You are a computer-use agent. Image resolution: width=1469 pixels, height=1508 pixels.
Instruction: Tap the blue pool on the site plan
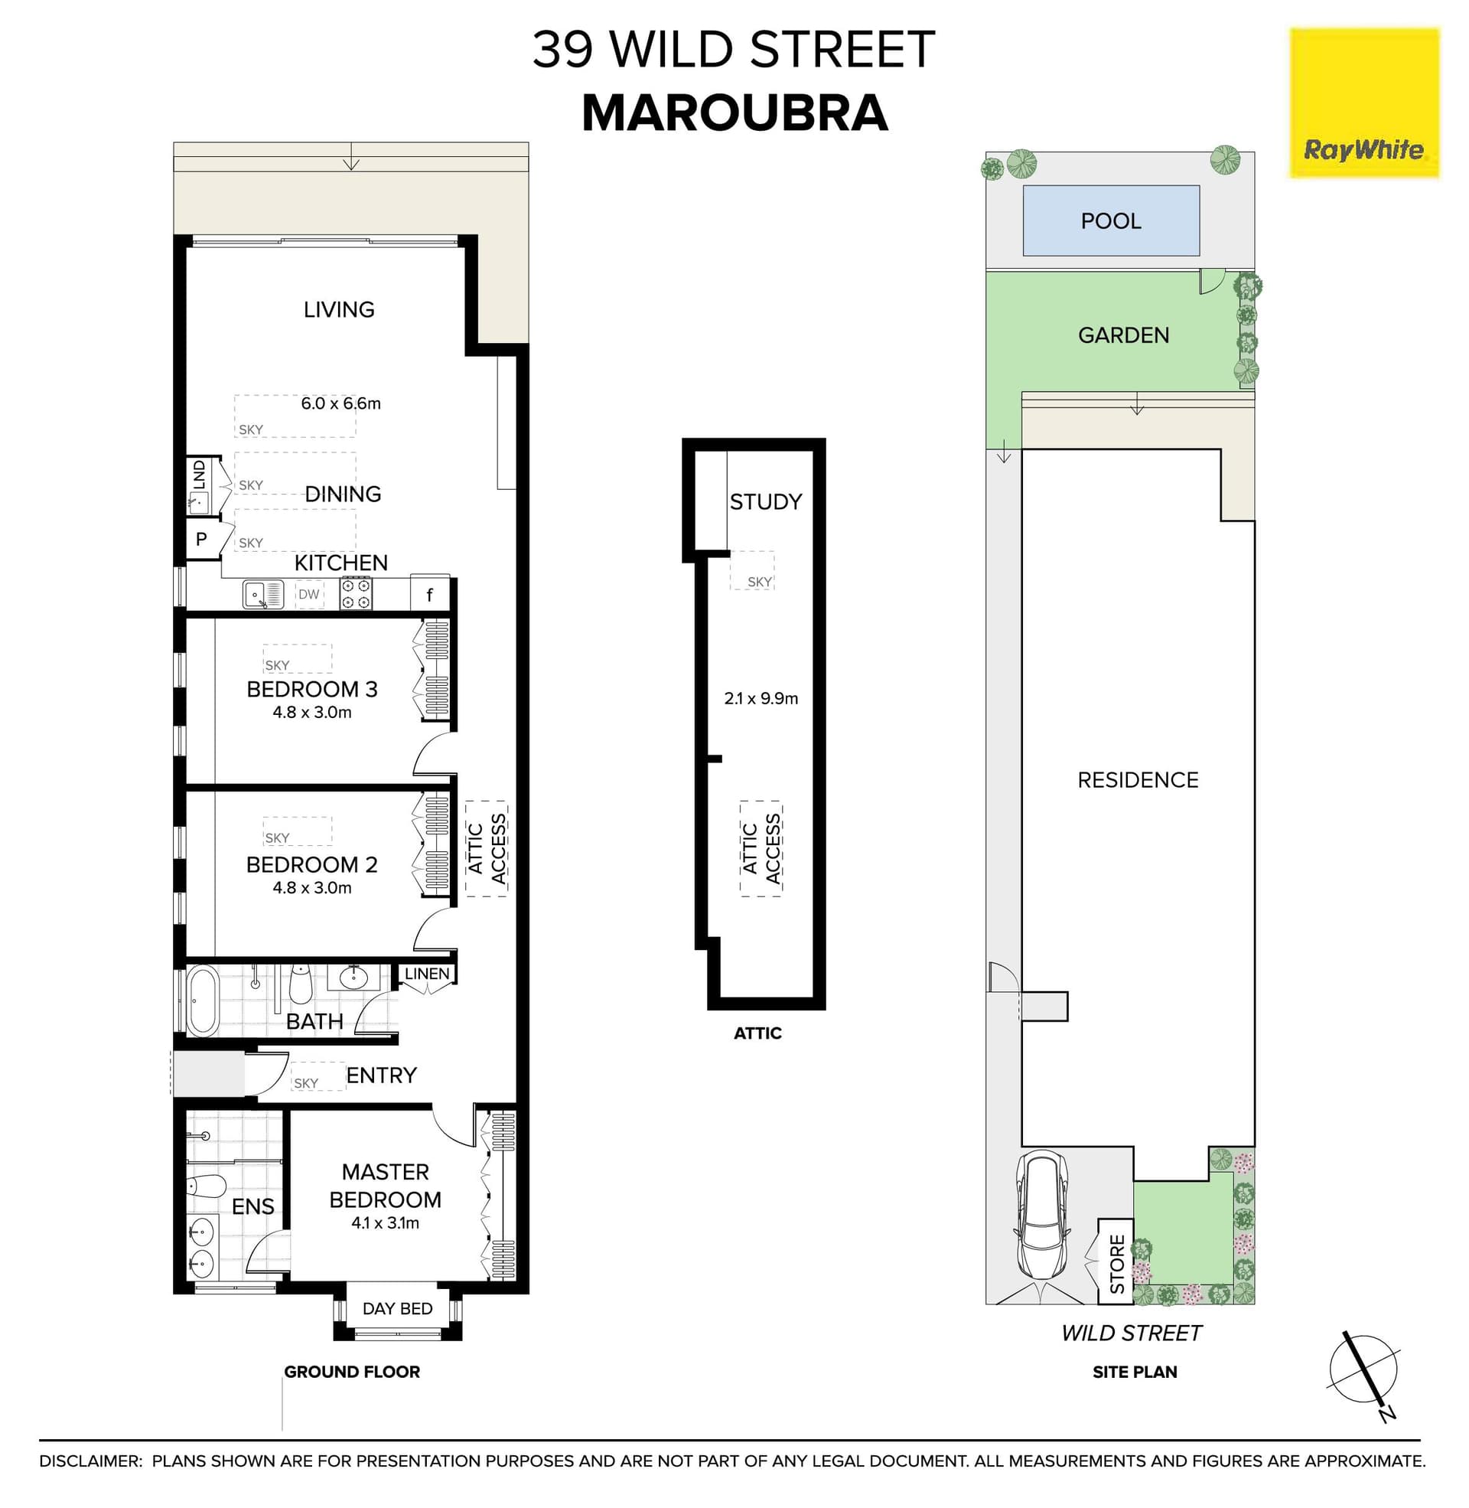point(1110,220)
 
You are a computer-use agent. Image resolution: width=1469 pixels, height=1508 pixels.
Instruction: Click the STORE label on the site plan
point(1116,1264)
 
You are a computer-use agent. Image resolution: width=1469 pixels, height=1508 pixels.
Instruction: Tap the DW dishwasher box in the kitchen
point(308,594)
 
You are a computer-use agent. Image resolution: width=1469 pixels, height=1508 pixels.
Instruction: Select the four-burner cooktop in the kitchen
point(357,594)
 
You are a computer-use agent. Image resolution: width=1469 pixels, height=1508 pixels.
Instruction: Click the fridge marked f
point(430,594)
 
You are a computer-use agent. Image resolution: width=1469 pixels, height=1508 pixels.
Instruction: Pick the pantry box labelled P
point(201,540)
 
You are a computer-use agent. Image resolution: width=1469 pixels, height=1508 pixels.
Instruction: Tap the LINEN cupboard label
point(427,974)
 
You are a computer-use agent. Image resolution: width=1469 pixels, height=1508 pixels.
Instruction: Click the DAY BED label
point(397,1309)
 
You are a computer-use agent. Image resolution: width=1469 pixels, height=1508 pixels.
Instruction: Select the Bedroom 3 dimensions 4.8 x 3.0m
point(311,713)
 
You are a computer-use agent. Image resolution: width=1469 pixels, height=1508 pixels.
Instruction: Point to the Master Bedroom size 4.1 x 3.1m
point(385,1222)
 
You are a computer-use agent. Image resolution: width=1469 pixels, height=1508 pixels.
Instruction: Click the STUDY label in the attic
point(765,501)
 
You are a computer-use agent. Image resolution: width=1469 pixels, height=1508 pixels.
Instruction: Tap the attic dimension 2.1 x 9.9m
point(761,698)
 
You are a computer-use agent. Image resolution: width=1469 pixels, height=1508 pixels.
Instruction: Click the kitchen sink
point(262,594)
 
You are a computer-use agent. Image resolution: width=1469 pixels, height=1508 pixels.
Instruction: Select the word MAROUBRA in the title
point(734,113)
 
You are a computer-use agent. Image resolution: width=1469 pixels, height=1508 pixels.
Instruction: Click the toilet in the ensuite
point(206,1186)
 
